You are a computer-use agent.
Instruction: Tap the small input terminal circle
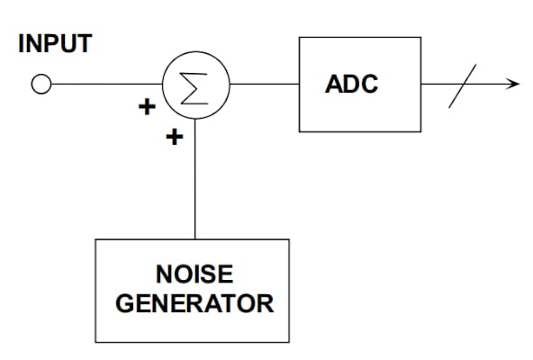41,85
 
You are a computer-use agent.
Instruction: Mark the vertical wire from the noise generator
195,180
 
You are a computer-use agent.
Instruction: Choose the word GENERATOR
194,303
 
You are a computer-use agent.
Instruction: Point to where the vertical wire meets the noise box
195,239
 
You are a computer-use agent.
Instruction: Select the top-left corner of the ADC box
300,38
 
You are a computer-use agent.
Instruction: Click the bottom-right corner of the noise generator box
289,342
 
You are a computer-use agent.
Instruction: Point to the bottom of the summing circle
195,119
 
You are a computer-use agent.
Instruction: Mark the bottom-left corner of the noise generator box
96,342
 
